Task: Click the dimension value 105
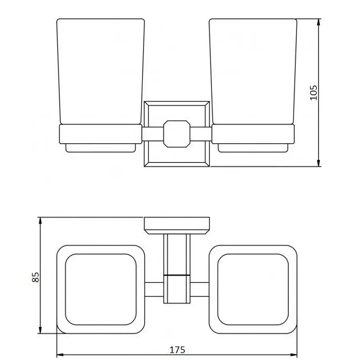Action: pos(313,92)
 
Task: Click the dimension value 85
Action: pos(35,277)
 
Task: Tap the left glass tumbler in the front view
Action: pos(100,72)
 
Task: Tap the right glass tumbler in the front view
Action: pos(253,72)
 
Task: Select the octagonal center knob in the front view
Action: pos(176,134)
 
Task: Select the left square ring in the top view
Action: pos(100,289)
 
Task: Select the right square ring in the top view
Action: pos(253,289)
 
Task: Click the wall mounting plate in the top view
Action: pos(176,225)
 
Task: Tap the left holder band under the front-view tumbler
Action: pos(100,134)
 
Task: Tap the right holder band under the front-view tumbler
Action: pos(253,134)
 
